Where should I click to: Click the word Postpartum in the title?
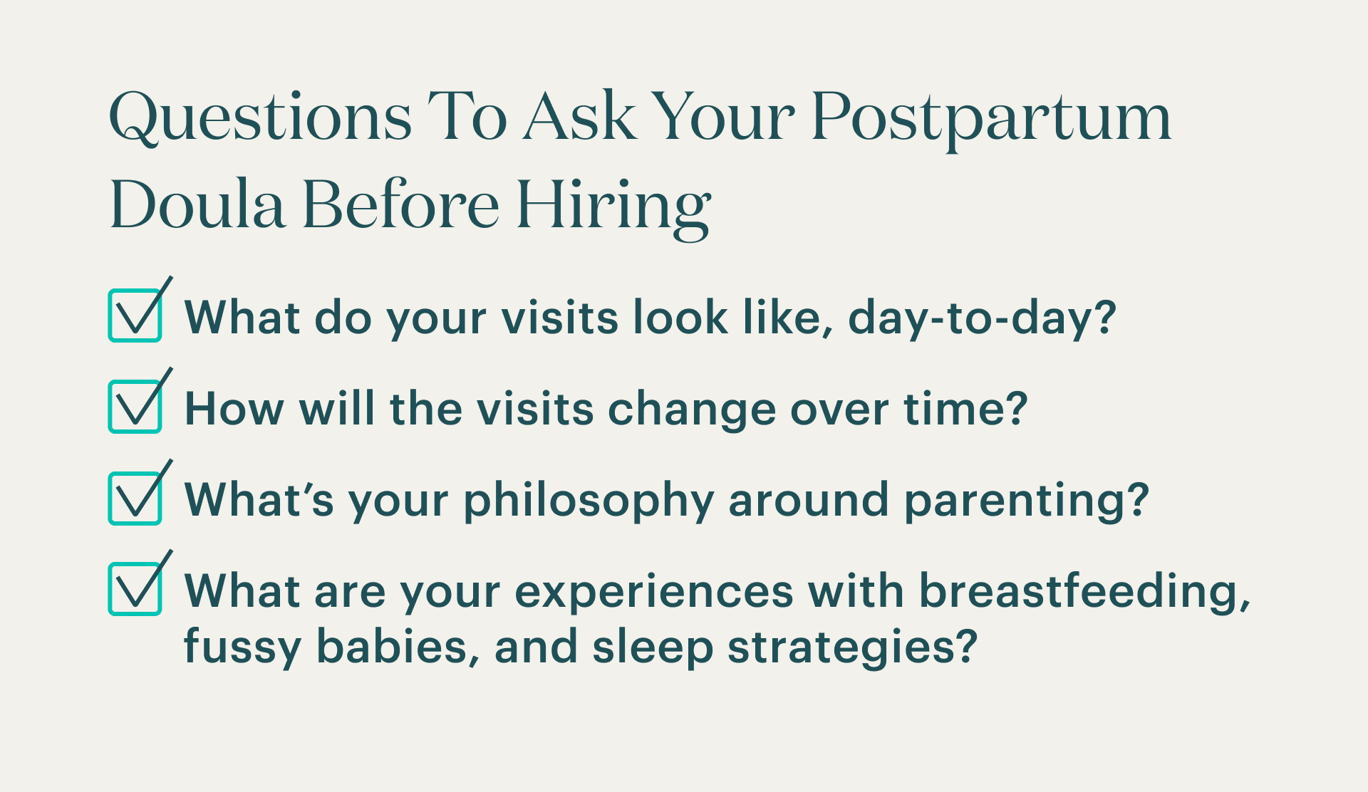click(990, 120)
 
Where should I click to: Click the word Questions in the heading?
click(261, 120)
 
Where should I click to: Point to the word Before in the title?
click(400, 207)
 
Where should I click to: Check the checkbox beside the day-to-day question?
click(135, 316)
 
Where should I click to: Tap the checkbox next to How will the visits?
click(135, 407)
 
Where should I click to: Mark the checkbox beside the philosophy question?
click(135, 498)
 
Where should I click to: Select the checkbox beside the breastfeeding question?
click(135, 589)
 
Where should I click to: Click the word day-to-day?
click(980, 318)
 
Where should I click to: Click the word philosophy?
click(589, 500)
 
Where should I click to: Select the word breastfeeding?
click(1083, 591)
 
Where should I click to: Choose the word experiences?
click(654, 591)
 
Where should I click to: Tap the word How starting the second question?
click(234, 409)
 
